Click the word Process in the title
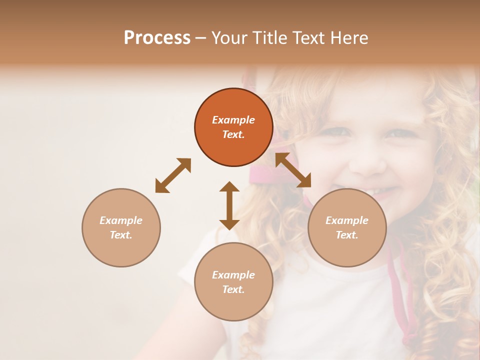[x=157, y=38]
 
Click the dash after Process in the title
[x=200, y=38]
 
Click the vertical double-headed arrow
[x=229, y=205]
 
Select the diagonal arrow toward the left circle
[x=173, y=175]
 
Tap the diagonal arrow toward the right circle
[x=293, y=170]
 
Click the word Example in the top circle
[x=233, y=120]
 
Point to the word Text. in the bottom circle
[x=233, y=289]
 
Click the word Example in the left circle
[x=121, y=220]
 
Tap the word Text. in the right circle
[x=347, y=235]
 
